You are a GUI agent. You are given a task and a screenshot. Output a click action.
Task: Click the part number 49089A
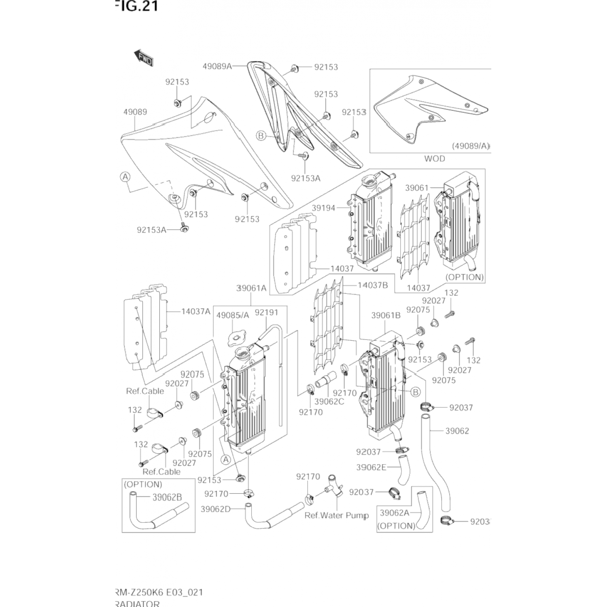point(217,66)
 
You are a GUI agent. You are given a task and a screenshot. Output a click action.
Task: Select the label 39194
point(323,208)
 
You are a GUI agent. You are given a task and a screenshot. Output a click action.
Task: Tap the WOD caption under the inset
point(434,159)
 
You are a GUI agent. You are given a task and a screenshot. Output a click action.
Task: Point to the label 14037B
point(372,285)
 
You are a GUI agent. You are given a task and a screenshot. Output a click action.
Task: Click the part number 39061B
point(386,315)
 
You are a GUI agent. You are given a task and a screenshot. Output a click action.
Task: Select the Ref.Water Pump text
point(336,516)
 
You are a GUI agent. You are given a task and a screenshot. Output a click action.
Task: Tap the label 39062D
point(215,509)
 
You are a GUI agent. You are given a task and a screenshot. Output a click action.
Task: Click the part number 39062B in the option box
point(167,497)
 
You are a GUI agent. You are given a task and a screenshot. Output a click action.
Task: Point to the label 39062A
point(395,513)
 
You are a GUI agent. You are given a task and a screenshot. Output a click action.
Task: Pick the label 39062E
point(371,467)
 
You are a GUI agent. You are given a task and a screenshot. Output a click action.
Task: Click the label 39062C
point(329,401)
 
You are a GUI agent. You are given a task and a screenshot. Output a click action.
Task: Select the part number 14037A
point(196,312)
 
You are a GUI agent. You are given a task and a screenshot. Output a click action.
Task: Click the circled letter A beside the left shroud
point(125,177)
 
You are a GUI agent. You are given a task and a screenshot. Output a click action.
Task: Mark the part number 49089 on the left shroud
point(135,112)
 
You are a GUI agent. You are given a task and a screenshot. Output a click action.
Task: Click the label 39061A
point(251,288)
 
